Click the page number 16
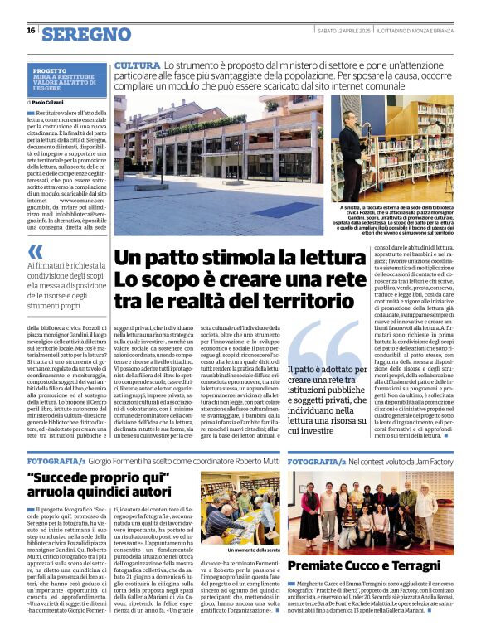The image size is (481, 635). [31, 31]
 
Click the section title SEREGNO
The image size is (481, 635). [86, 33]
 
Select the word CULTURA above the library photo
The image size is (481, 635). [137, 65]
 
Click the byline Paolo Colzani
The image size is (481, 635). [49, 102]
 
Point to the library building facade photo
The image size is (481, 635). [218, 149]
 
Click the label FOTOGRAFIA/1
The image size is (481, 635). [56, 459]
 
